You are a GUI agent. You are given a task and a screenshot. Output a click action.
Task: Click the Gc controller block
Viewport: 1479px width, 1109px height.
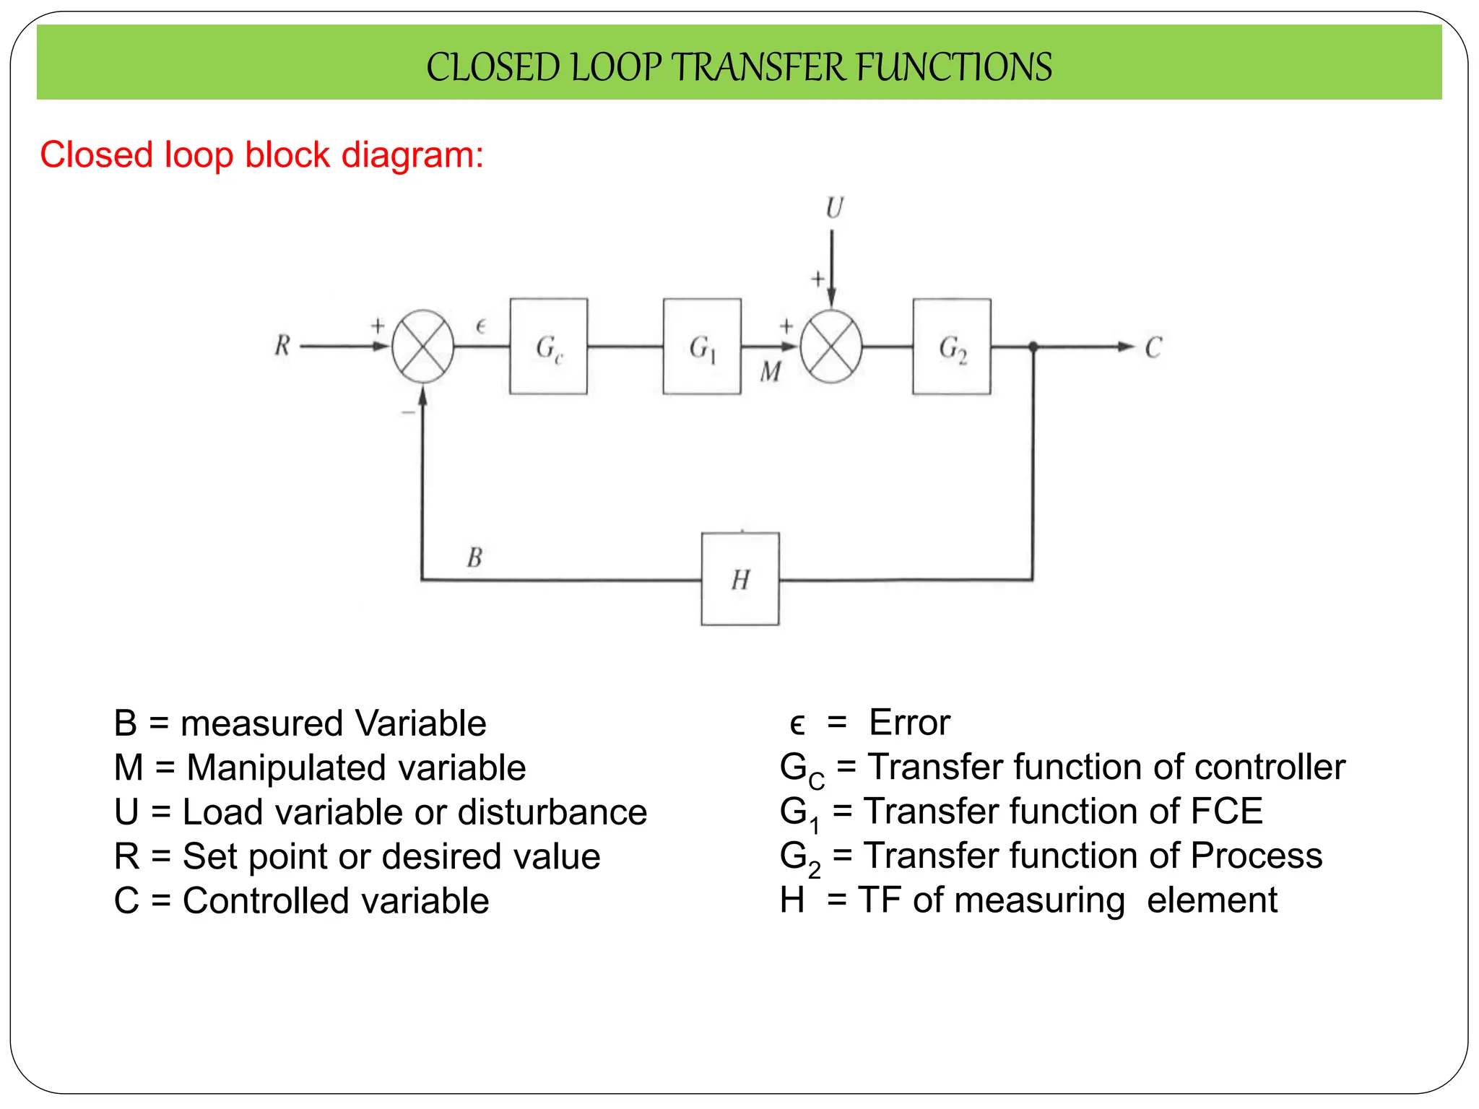[x=548, y=347]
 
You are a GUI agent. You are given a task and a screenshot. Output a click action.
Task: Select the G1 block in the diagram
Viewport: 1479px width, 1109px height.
[x=702, y=347]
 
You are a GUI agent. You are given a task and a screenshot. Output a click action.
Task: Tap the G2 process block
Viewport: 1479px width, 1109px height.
[x=951, y=347]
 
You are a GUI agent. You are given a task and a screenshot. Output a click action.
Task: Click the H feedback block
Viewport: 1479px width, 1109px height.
[x=740, y=579]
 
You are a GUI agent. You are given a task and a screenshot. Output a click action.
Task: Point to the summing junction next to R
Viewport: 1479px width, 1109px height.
[x=423, y=347]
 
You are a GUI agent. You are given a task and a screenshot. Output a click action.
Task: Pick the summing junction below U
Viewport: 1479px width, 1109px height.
[x=831, y=347]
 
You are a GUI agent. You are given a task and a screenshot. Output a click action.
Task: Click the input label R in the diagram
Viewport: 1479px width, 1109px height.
[x=282, y=346]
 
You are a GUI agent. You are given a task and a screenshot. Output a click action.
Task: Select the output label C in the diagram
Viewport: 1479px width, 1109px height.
[x=1153, y=347]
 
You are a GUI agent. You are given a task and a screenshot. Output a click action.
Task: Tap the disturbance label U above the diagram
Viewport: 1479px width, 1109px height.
[x=834, y=208]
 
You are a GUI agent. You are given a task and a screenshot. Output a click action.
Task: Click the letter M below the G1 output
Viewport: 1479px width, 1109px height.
[x=771, y=372]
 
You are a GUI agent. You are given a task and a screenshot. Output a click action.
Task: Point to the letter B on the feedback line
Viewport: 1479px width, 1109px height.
[x=474, y=557]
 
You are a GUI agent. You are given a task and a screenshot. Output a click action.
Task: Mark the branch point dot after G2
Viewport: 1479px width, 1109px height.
[x=1033, y=347]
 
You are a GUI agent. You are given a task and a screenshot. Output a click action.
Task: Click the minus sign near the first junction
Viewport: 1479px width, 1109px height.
[x=407, y=412]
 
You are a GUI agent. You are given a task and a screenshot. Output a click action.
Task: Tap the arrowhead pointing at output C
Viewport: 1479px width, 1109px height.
[x=1125, y=347]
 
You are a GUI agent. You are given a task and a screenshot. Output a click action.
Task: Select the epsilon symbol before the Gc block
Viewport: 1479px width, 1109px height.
[x=481, y=327]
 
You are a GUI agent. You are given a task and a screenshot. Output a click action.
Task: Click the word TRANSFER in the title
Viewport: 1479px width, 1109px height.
[x=761, y=67]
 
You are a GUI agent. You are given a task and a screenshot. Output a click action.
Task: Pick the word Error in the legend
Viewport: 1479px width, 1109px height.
[x=909, y=723]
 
